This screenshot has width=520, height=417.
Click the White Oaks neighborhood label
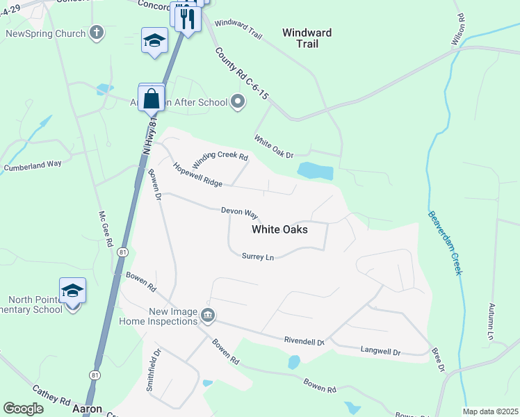pos(279,229)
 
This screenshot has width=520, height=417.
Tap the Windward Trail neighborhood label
pos(307,38)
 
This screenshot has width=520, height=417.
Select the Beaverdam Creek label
pos(444,243)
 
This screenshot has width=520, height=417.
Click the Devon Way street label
pos(240,211)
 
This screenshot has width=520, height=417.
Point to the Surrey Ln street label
pos(258,256)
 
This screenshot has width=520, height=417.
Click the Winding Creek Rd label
pos(220,161)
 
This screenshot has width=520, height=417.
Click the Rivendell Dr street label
pos(304,341)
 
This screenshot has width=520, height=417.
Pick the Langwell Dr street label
pos(381,352)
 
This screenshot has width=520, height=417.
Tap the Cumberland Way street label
pos(33,165)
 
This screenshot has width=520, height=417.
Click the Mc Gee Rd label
pos(106,230)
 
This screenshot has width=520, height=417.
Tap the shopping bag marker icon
pos(152,99)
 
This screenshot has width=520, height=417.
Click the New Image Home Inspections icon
pos(207,316)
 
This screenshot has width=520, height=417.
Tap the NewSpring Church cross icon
pos(97,33)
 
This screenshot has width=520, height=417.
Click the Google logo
pos(23,409)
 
